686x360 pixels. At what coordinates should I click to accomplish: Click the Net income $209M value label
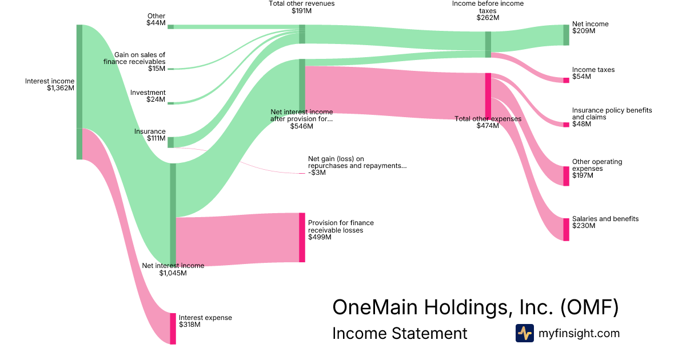tap(584, 31)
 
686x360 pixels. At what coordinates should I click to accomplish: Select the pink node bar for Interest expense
tap(173, 328)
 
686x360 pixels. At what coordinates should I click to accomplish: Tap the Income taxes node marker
tap(566, 80)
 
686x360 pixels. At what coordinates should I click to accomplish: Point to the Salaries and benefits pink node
tap(566, 229)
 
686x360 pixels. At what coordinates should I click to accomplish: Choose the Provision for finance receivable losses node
tap(302, 237)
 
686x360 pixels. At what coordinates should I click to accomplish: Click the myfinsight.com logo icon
tap(524, 333)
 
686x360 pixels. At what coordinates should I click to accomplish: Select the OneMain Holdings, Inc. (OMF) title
tap(475, 307)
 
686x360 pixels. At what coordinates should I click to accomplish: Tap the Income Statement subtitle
tap(400, 333)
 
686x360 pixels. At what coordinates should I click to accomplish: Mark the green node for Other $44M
tap(170, 26)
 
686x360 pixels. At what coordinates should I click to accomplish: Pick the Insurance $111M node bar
tap(170, 142)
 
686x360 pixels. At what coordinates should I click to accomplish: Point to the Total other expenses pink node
tap(488, 95)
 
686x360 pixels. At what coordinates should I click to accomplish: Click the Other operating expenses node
tap(566, 176)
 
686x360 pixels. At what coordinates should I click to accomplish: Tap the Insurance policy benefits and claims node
tap(566, 125)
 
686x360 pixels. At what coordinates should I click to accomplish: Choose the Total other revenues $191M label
tap(301, 7)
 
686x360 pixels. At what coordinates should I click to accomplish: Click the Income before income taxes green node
tap(488, 44)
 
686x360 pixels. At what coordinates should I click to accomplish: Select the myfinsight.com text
tap(579, 333)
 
